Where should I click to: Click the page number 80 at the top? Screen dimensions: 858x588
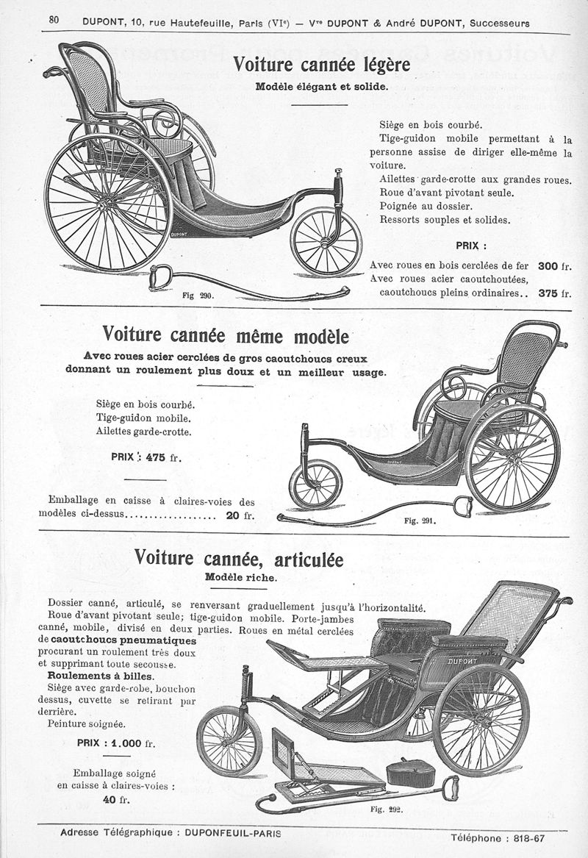(54, 20)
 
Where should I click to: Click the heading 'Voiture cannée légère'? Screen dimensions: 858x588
(321, 65)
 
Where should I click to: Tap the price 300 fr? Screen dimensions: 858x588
(554, 265)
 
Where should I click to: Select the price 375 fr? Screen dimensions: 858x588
(554, 292)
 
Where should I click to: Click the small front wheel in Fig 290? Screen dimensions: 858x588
(326, 241)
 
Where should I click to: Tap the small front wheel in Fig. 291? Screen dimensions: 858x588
(315, 484)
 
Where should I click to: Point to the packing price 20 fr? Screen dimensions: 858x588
(240, 515)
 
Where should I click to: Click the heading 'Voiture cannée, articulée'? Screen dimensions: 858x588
(239, 560)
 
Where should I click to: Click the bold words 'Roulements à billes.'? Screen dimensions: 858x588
(101, 676)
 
